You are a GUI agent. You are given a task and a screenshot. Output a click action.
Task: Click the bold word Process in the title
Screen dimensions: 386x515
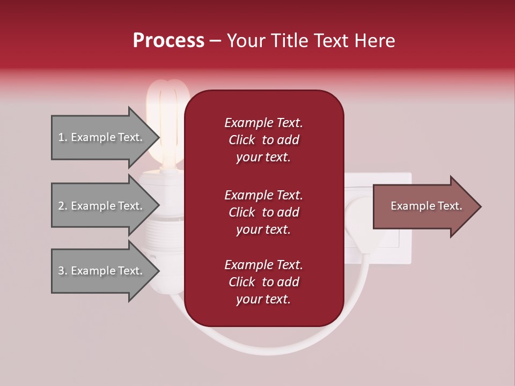coord(168,41)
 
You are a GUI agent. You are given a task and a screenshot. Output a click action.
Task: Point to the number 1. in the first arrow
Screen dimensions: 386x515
coord(63,137)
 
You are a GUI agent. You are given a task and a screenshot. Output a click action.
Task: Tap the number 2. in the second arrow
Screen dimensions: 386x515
coord(63,206)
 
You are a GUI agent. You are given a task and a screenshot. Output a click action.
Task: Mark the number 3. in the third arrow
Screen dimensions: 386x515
coord(63,271)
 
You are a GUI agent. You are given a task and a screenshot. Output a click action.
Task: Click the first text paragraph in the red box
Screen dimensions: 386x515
coord(263,140)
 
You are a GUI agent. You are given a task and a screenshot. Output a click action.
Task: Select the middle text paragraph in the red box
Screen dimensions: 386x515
coord(263,212)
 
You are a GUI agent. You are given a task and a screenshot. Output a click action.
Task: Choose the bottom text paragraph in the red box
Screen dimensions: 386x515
coord(263,282)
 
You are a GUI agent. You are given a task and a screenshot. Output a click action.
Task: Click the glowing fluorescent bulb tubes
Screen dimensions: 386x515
coord(167,118)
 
